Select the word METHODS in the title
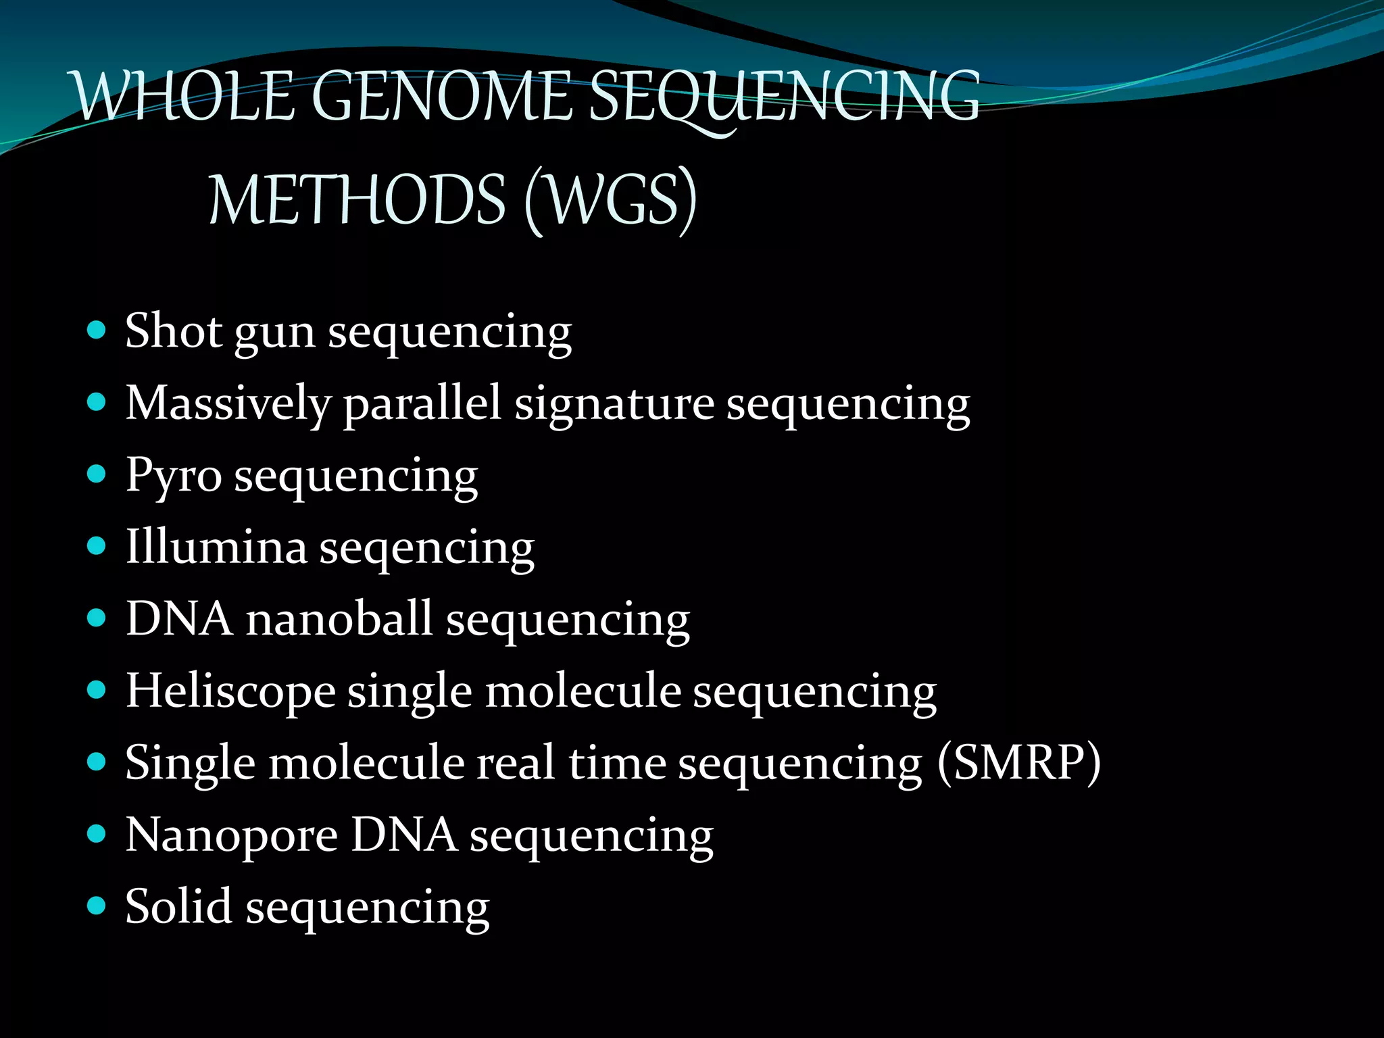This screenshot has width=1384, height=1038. coord(357,200)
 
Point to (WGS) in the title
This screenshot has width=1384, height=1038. coord(610,200)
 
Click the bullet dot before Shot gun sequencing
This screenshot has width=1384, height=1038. coord(97,330)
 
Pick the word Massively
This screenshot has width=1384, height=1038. coord(228,403)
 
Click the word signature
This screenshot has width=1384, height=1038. coord(614,403)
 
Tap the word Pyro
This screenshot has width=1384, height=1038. coord(174,476)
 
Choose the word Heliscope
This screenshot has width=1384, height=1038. coord(230,691)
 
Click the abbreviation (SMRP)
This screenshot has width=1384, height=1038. coord(1019,762)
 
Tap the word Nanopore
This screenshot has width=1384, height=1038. coord(232,835)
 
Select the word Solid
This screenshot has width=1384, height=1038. coord(178,906)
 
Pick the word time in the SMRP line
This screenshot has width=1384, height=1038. coord(617,762)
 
